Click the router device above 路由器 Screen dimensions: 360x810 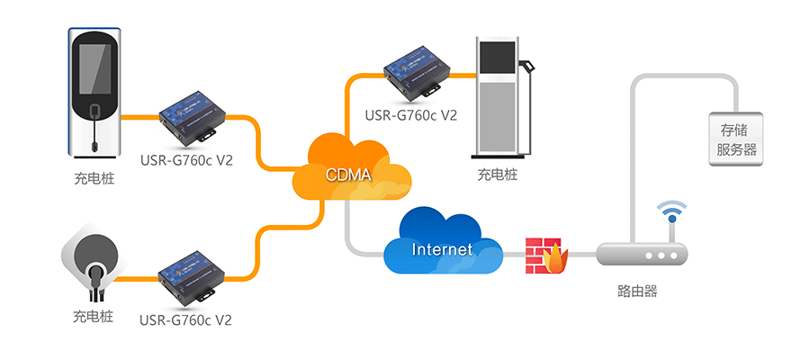coord(643,255)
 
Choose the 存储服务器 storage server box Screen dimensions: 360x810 coord(735,138)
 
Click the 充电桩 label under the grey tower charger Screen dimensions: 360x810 coord(498,175)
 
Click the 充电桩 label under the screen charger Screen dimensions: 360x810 coord(94,178)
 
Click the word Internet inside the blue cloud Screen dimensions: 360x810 coord(441,248)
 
